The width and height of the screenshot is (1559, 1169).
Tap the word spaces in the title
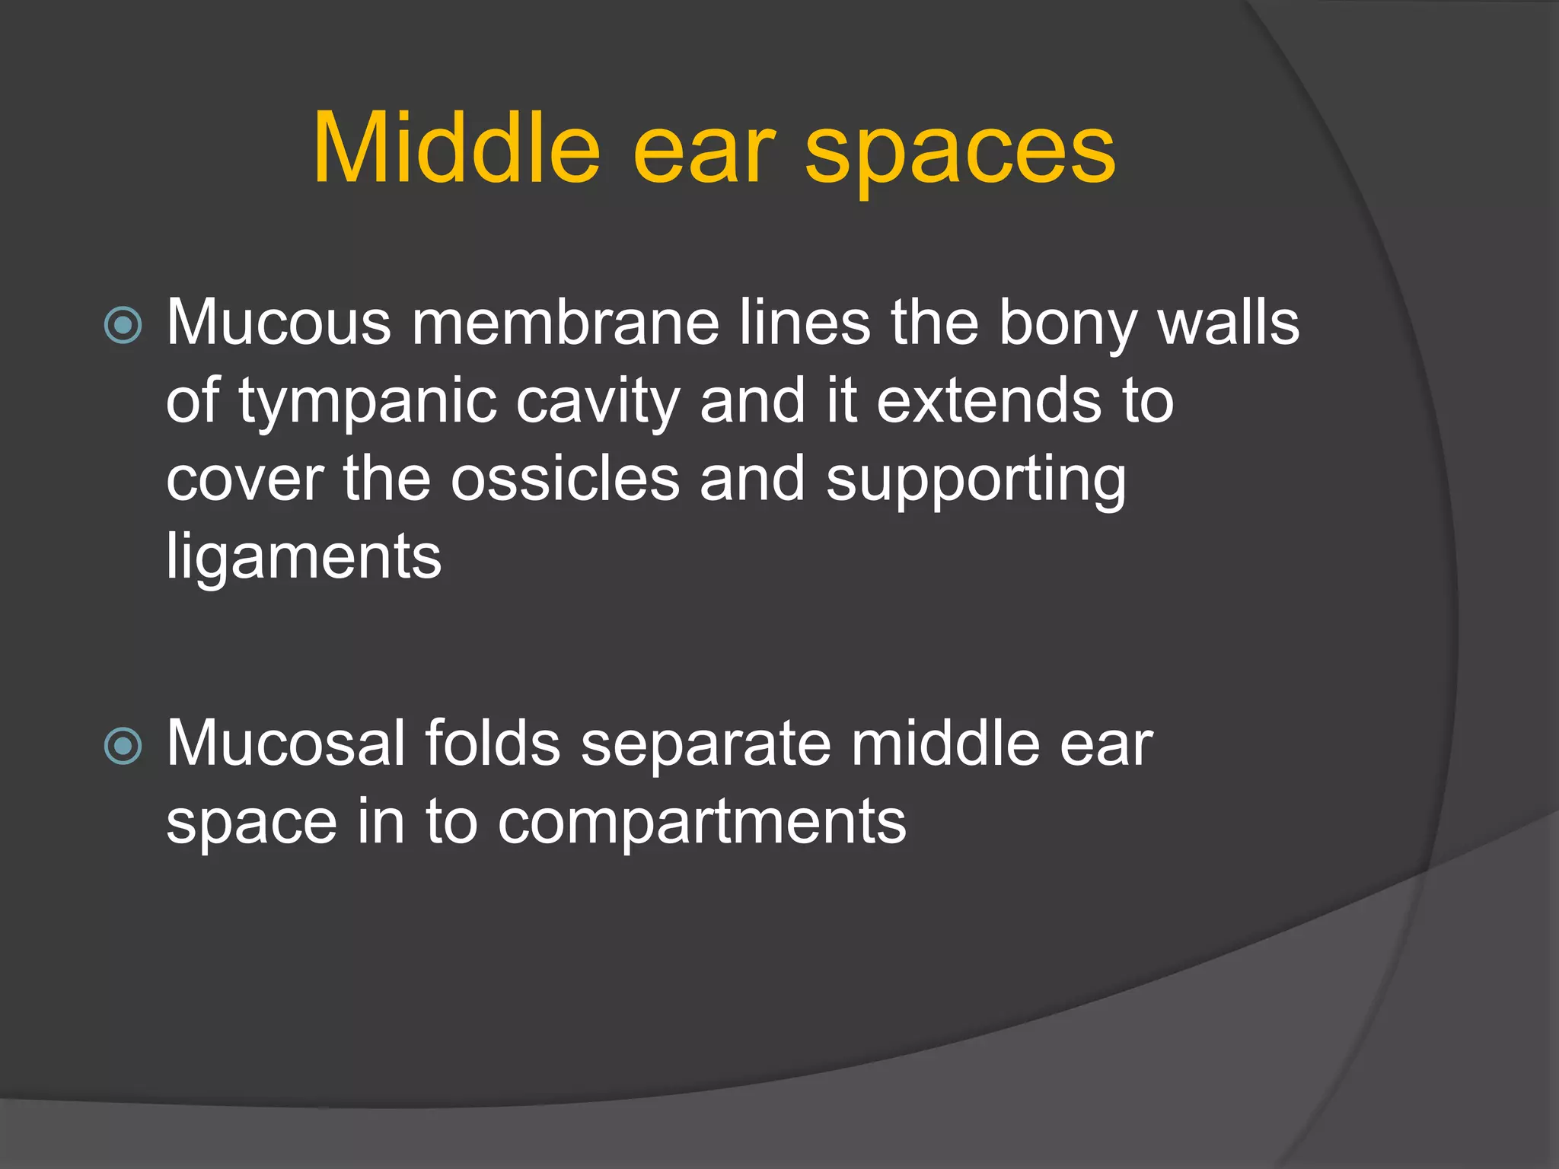coord(960,152)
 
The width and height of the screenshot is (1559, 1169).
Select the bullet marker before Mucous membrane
coord(123,326)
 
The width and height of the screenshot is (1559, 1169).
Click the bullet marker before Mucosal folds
coord(123,746)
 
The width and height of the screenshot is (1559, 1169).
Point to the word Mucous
coord(279,323)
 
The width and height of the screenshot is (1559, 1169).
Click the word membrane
coord(565,323)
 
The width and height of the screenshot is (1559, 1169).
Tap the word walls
coord(1228,323)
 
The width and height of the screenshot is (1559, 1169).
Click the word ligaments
coord(304,559)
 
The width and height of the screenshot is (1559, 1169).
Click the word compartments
coord(702,823)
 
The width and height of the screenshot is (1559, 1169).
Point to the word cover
coord(244,481)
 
